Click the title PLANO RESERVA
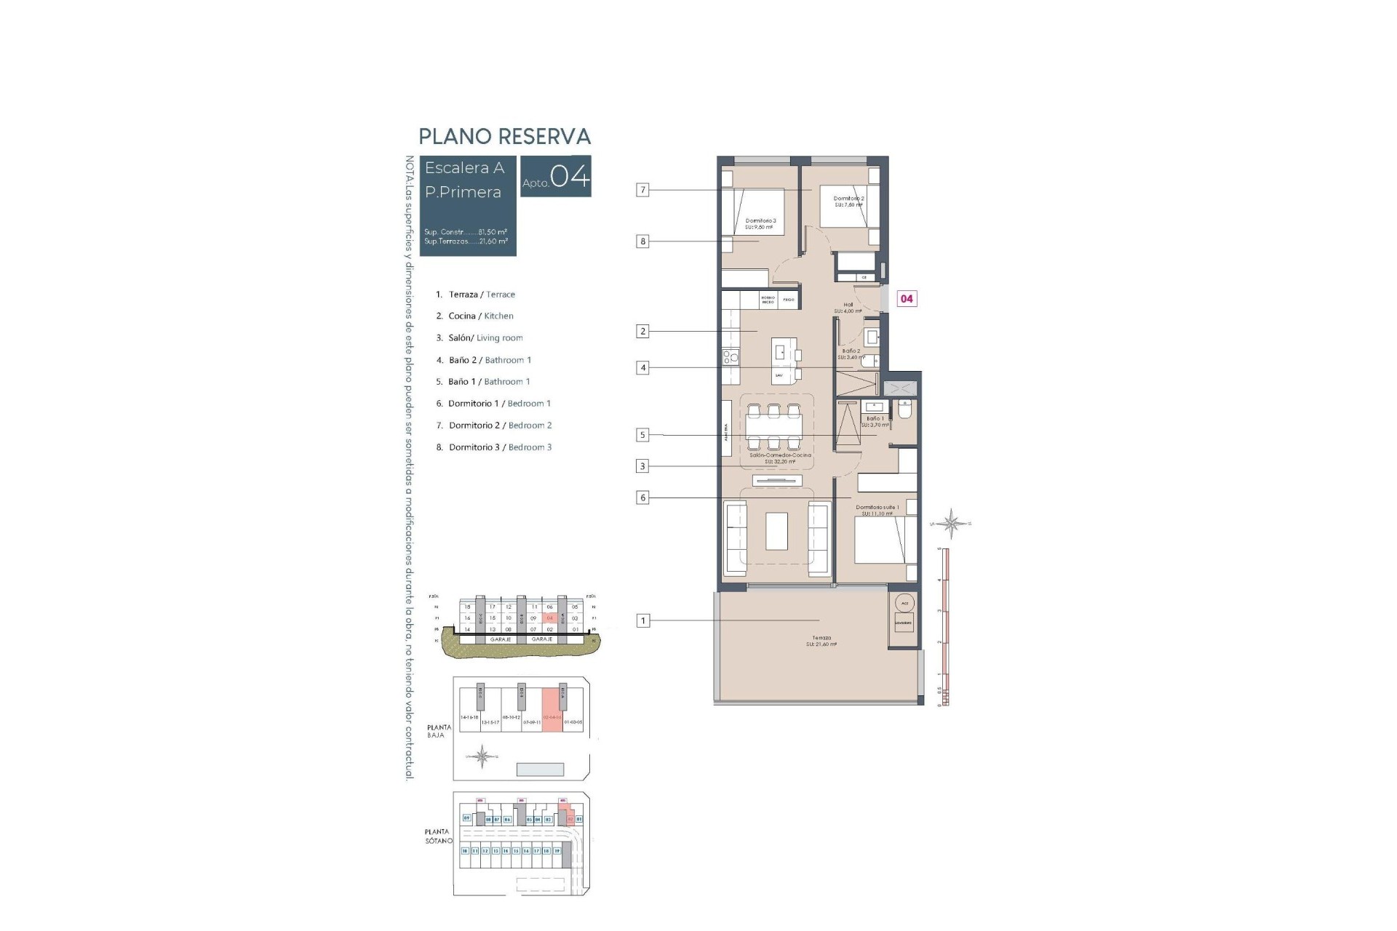[x=504, y=137]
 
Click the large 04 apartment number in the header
[x=570, y=177]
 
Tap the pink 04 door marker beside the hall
[x=907, y=299]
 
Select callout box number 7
[x=642, y=191]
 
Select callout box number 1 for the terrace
[x=642, y=621]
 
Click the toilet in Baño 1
[x=905, y=411]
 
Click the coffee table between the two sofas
[x=776, y=532]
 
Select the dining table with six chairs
[x=773, y=427]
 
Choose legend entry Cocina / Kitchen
[x=474, y=316]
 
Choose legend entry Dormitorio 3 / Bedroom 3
[x=494, y=447]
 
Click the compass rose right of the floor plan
[x=951, y=522]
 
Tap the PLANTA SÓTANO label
[x=439, y=836]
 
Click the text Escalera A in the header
[x=464, y=168]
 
